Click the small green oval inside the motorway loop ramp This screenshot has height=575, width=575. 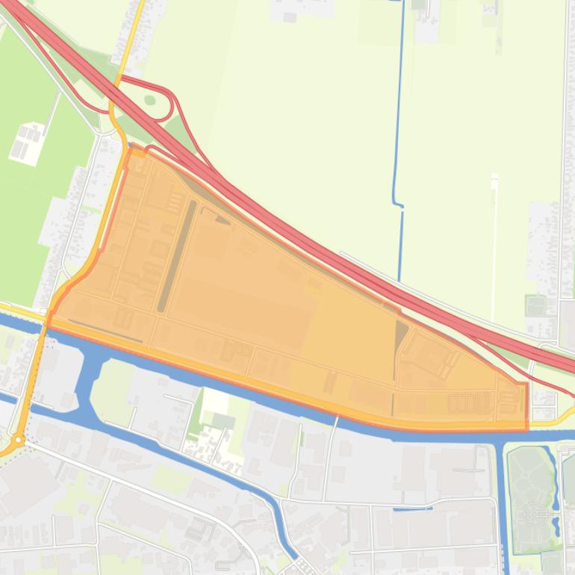point(150,99)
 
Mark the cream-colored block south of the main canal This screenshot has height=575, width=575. point(216,403)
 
